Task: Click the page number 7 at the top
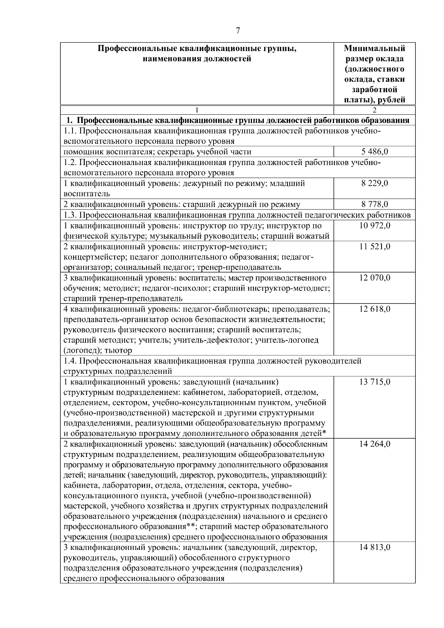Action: click(x=238, y=31)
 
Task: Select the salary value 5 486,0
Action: click(x=374, y=151)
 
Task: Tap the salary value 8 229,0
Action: click(x=374, y=183)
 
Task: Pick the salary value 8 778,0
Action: click(x=374, y=204)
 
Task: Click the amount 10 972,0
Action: click(x=374, y=226)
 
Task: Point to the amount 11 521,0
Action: click(x=374, y=246)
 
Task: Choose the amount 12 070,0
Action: click(x=374, y=278)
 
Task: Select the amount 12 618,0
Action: click(x=374, y=309)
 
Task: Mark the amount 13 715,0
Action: click(x=374, y=382)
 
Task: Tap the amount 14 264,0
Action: click(x=374, y=444)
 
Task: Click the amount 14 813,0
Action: click(x=374, y=548)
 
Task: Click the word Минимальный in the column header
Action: click(x=374, y=48)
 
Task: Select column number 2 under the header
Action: click(x=374, y=110)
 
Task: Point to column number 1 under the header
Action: click(x=197, y=110)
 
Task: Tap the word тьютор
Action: click(x=118, y=350)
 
